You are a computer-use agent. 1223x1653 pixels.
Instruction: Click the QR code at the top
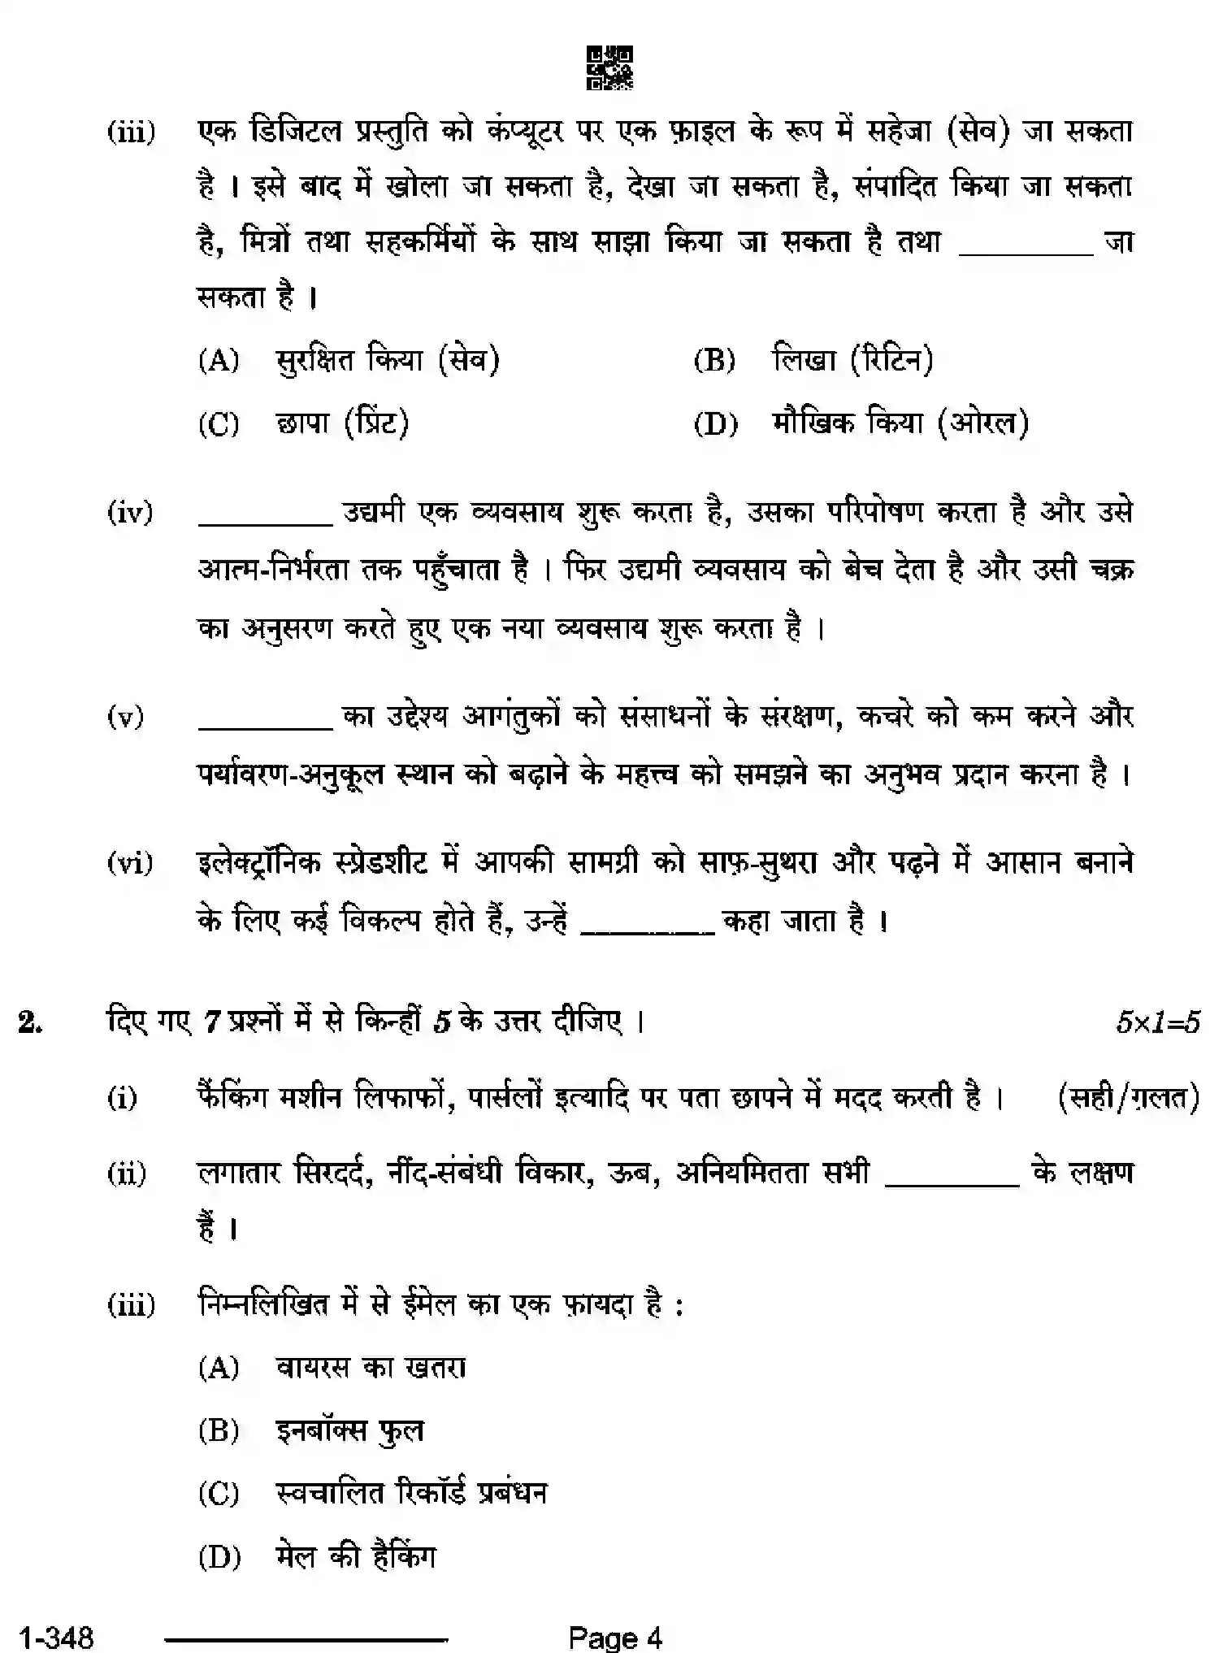pyautogui.click(x=610, y=68)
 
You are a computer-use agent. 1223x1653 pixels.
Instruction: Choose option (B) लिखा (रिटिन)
pyautogui.click(x=852, y=359)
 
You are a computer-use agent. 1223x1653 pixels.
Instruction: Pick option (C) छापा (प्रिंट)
pyautogui.click(x=342, y=423)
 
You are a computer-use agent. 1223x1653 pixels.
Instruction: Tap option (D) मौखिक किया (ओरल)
pyautogui.click(x=900, y=423)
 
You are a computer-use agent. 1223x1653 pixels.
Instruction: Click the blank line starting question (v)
pyautogui.click(x=266, y=727)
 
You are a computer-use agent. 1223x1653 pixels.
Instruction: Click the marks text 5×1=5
pyautogui.click(x=1157, y=1022)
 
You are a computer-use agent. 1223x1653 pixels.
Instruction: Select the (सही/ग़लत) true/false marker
pyautogui.click(x=1129, y=1099)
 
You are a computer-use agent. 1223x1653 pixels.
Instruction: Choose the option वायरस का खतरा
pyautogui.click(x=371, y=1368)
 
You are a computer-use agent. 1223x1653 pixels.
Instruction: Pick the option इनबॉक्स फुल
pyautogui.click(x=350, y=1430)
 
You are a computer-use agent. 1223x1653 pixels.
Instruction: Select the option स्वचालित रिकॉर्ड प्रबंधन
pyautogui.click(x=411, y=1493)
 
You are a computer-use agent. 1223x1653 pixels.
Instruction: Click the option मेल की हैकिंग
pyautogui.click(x=356, y=1556)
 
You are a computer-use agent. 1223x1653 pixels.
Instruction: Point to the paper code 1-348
pyautogui.click(x=56, y=1637)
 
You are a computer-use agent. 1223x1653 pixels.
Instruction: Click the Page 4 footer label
pyautogui.click(x=615, y=1637)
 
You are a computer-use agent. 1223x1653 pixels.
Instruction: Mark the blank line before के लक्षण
pyautogui.click(x=952, y=1185)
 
